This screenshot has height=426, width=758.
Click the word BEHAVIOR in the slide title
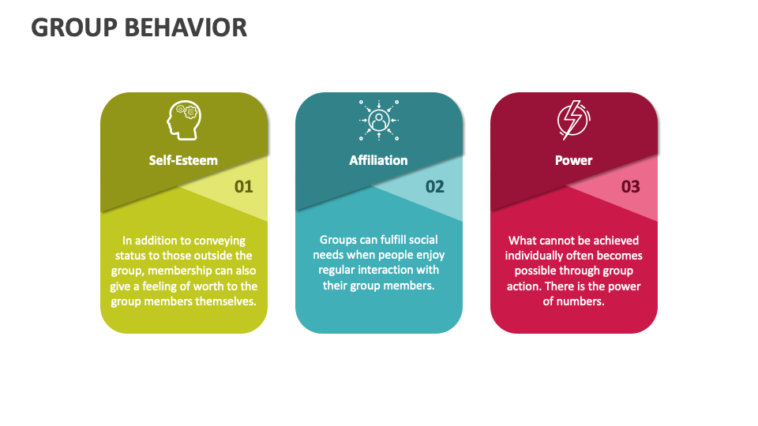click(188, 27)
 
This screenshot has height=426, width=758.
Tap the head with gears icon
click(183, 120)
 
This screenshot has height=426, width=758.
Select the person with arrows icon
click(379, 120)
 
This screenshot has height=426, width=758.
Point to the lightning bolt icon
click(573, 120)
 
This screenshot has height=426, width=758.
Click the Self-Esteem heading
click(183, 160)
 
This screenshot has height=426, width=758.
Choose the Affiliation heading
click(379, 160)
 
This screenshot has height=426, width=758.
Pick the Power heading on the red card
click(573, 160)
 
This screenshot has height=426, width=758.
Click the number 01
click(244, 187)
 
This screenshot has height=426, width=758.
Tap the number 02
click(435, 187)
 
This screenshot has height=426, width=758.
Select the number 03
click(630, 187)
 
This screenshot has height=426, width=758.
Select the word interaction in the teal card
click(402, 270)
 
